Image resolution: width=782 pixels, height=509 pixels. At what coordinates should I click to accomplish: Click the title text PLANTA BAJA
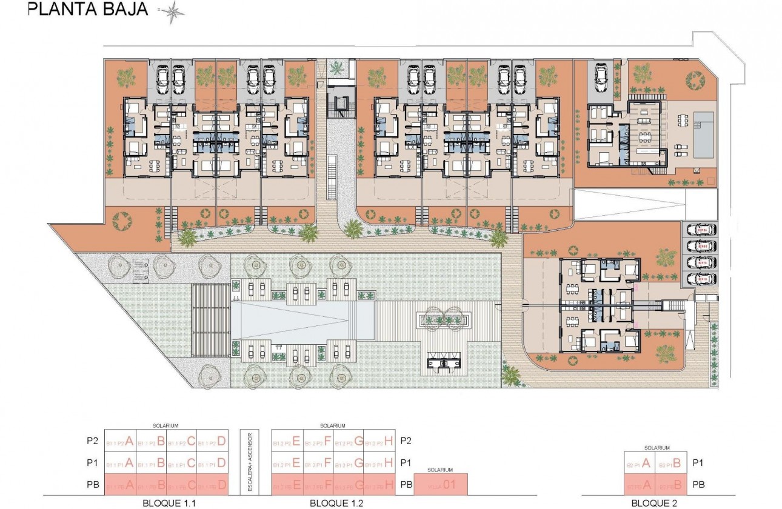(x=89, y=10)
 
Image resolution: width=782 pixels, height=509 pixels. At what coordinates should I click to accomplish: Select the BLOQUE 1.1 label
(x=166, y=502)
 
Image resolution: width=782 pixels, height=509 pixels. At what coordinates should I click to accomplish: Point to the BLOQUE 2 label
(x=656, y=502)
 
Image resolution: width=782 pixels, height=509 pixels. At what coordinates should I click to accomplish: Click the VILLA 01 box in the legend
(x=441, y=485)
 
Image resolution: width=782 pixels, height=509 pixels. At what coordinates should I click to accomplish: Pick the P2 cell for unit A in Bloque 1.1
(x=120, y=442)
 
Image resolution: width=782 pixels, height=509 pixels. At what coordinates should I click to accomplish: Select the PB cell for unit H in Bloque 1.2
(x=382, y=485)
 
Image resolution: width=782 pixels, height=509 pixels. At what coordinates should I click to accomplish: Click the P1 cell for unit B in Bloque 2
(x=672, y=464)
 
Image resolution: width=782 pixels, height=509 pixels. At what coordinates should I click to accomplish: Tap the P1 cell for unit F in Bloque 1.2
(x=318, y=464)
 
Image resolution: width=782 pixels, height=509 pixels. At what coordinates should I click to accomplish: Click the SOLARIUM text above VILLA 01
(x=441, y=470)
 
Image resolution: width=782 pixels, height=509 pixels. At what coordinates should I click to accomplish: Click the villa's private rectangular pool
(x=703, y=135)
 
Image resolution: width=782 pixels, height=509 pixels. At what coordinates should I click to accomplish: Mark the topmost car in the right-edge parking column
(x=700, y=230)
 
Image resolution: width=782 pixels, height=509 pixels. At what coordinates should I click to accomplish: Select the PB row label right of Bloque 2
(x=698, y=485)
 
